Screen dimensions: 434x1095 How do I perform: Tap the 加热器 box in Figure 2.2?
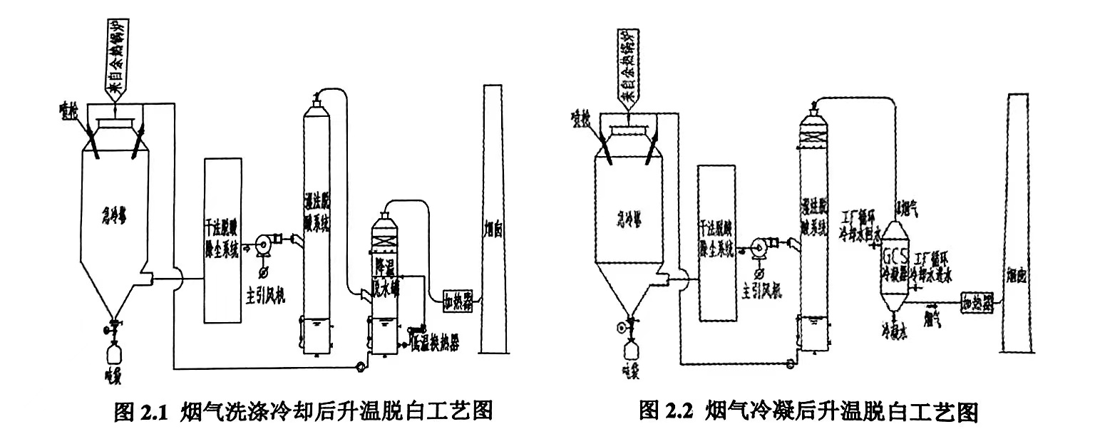pyautogui.click(x=977, y=301)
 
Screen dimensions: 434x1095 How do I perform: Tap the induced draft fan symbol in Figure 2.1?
pyautogui.click(x=262, y=244)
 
